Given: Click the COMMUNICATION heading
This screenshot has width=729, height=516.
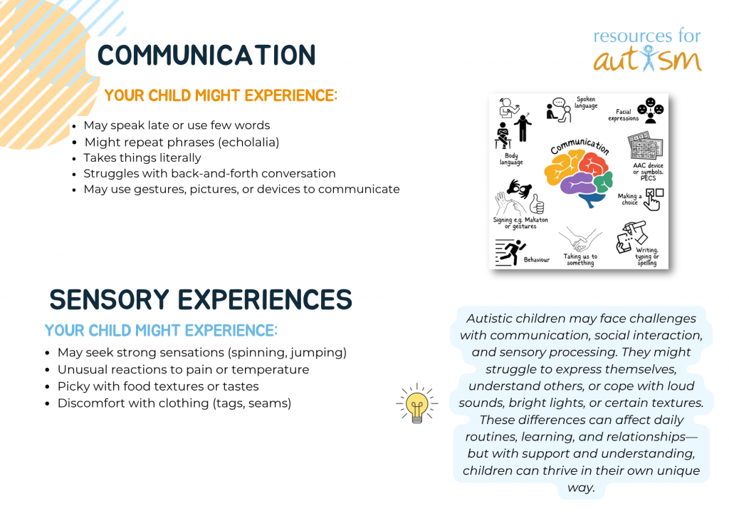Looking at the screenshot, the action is coord(206,55).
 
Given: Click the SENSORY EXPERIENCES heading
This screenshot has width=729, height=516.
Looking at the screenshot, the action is coord(201,299).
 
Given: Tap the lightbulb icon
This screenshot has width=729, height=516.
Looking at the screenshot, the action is coord(416,403).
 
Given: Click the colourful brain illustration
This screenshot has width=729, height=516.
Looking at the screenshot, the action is coord(578,179).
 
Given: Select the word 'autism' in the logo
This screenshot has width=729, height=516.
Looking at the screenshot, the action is coord(648,60).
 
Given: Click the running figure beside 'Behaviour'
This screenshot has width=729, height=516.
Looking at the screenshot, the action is coord(510,252).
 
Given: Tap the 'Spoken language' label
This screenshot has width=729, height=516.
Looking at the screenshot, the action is coord(586,103).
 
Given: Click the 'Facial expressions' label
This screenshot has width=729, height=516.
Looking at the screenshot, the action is coord(624,115).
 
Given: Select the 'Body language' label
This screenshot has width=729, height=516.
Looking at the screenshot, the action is coord(511,159).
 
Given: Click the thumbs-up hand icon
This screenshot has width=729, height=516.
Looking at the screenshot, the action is coord(537,203).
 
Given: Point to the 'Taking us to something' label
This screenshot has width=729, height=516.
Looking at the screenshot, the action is coord(580,259).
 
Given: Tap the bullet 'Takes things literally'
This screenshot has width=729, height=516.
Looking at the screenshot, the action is coord(142,158).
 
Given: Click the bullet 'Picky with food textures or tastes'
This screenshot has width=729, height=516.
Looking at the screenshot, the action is coord(158,387).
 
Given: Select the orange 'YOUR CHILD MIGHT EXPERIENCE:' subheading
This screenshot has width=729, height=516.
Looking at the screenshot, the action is coord(221,96).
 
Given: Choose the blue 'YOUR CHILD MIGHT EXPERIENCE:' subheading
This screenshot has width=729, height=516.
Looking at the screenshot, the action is coord(161,331).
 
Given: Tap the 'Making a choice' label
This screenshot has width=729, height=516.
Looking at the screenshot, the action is coord(629,199).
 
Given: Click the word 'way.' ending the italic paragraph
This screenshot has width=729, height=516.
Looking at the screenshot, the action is coord(581,488).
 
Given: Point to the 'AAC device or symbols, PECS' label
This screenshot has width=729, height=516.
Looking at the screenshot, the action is coord(648,172).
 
